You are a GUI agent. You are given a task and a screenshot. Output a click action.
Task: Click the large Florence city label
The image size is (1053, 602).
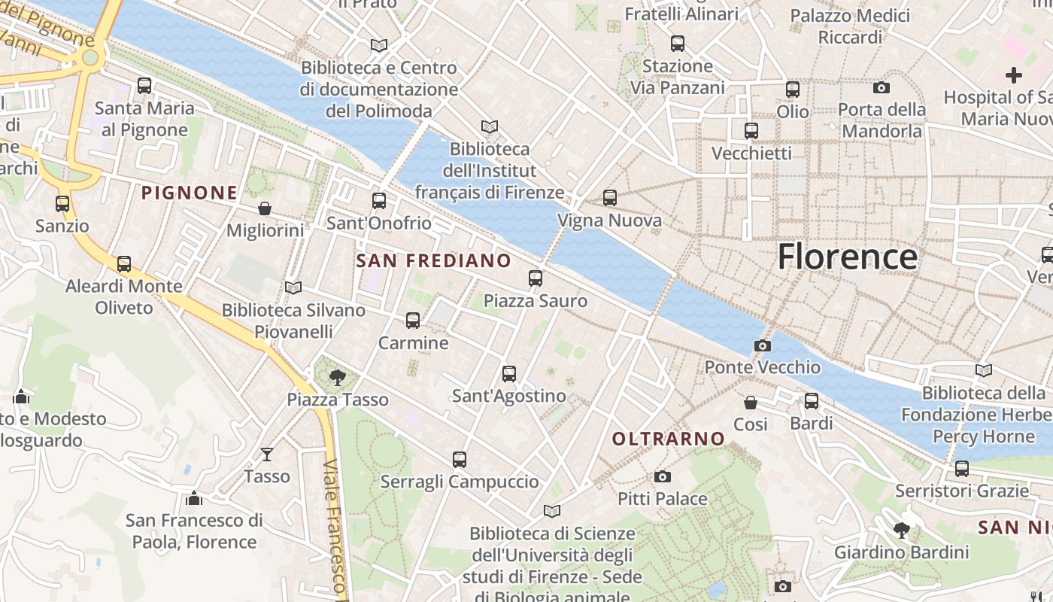point(847,257)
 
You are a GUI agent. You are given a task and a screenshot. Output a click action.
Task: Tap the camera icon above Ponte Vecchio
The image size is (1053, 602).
point(762,345)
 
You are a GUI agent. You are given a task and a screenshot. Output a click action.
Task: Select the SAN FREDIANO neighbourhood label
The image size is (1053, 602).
point(433,261)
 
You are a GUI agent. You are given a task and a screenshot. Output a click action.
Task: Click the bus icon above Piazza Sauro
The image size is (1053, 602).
point(536,278)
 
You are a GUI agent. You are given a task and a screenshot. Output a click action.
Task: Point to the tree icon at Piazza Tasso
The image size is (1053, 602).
point(338,377)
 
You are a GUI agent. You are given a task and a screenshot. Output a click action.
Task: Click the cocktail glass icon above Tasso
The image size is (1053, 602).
point(267,454)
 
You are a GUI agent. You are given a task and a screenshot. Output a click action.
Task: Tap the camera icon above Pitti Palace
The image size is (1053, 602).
point(662,476)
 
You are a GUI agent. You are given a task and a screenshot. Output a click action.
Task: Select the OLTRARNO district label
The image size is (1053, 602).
point(669,439)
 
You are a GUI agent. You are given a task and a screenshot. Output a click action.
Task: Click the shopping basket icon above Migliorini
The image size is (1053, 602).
point(265,208)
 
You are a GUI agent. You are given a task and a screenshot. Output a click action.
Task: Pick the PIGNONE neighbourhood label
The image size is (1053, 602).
point(190,193)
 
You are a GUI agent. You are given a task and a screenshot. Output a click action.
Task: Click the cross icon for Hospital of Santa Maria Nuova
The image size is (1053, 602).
point(1014,75)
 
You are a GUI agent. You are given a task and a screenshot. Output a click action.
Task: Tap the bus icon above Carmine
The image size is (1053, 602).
point(413,321)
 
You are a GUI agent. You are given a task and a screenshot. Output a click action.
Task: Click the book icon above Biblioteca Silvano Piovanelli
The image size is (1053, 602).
point(293,287)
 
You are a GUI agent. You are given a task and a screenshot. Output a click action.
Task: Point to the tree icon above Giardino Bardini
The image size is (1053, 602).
point(901,531)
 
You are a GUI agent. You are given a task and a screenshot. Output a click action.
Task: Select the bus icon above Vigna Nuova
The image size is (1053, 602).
point(610,198)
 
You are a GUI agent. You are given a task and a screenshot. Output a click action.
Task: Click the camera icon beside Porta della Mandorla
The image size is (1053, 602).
point(882,87)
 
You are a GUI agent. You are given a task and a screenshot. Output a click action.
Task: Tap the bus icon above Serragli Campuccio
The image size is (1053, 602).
point(460,459)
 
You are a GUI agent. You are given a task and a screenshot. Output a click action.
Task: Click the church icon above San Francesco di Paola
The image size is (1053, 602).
point(194,498)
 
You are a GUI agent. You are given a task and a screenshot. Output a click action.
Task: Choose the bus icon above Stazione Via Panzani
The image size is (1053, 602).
point(678,44)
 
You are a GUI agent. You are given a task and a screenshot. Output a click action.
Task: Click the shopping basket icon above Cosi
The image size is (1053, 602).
point(751,403)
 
